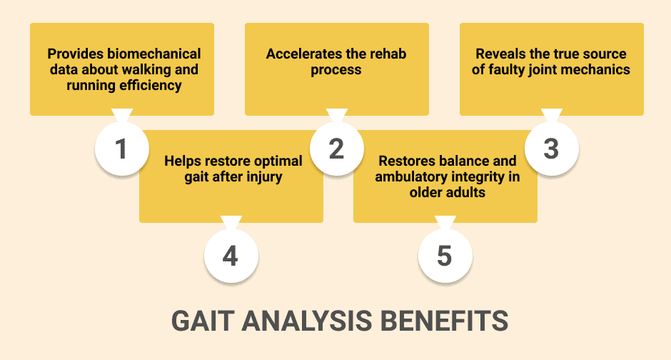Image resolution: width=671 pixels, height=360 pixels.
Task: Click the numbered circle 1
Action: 122,149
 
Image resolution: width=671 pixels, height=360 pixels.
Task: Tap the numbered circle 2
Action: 337,149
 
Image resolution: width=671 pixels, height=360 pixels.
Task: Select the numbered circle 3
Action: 552,149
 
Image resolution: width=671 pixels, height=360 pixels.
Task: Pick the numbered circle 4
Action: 231,256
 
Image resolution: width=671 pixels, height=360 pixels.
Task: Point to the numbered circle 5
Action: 445,256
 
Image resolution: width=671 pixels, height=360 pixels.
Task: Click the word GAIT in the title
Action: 203,321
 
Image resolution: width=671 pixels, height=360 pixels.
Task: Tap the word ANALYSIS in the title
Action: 306,321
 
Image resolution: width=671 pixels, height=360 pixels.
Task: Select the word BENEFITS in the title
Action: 444,321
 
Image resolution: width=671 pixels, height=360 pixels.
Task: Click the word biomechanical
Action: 154,54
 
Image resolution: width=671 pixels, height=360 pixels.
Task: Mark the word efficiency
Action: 151,85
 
